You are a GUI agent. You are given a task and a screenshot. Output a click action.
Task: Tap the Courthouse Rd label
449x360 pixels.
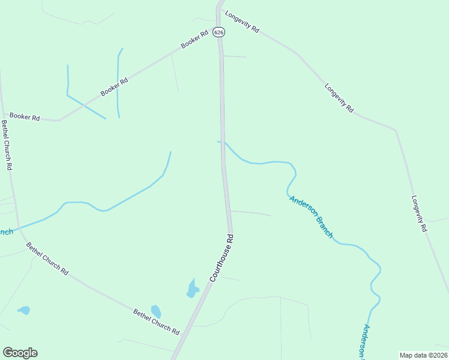click(x=221, y=258)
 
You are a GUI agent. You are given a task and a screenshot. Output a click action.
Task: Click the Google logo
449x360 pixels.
click(x=20, y=353)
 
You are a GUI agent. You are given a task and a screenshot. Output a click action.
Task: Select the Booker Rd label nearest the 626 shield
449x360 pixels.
click(x=194, y=39)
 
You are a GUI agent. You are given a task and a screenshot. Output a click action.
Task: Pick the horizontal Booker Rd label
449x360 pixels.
click(x=25, y=117)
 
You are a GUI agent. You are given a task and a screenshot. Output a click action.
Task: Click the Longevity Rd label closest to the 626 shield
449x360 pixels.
click(x=242, y=21)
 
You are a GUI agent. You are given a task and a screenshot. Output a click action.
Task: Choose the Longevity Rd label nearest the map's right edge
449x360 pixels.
click(x=420, y=214)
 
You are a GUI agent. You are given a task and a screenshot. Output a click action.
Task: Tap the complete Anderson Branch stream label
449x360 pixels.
click(x=311, y=217)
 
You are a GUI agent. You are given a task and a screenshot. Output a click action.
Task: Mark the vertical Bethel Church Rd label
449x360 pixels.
click(x=7, y=145)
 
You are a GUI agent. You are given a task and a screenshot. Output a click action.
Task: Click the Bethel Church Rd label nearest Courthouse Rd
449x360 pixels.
click(x=156, y=322)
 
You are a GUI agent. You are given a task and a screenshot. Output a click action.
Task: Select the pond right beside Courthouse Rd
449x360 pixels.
click(x=193, y=289)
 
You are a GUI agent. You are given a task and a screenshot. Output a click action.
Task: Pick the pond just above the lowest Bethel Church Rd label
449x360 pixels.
click(x=156, y=311)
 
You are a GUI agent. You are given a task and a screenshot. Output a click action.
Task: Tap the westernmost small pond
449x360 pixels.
click(x=24, y=310)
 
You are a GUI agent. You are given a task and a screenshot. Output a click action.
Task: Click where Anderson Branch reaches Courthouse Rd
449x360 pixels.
click(x=223, y=142)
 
